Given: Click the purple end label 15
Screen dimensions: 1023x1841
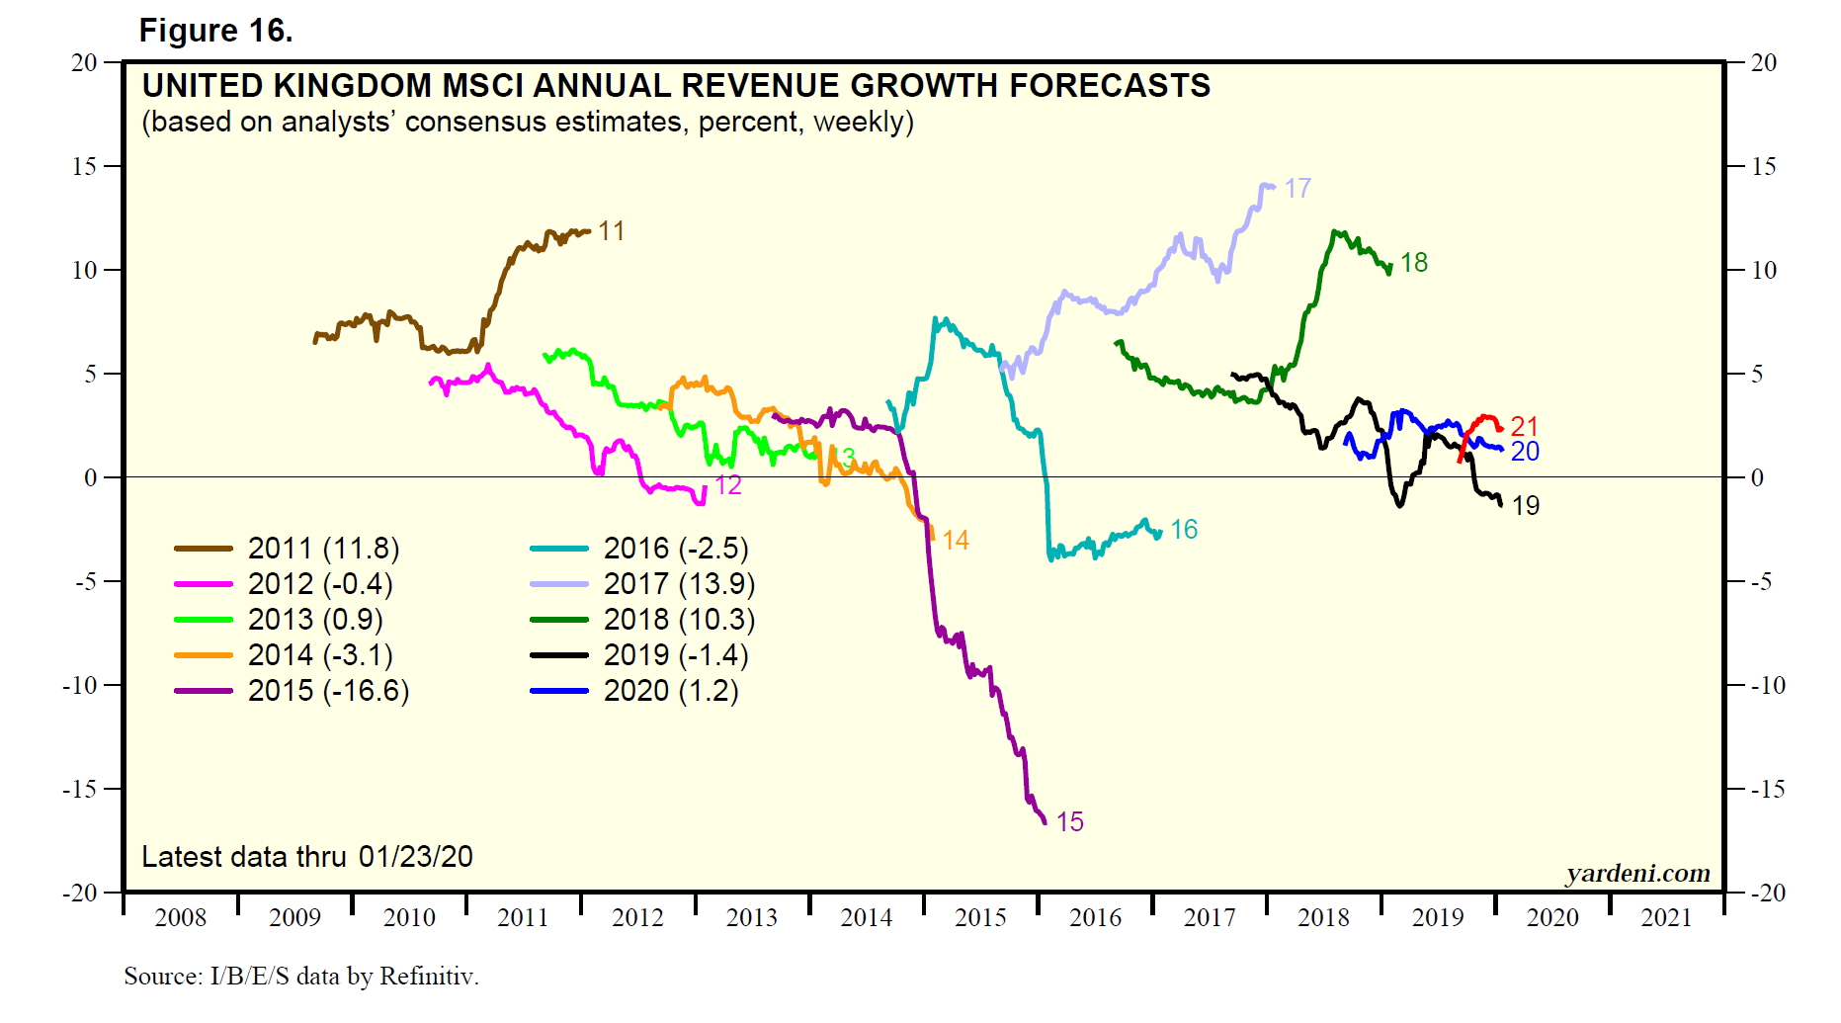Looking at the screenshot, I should click(1069, 821).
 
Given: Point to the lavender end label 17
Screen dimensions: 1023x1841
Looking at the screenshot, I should click(1297, 188).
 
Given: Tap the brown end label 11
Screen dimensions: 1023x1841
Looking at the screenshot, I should click(612, 231).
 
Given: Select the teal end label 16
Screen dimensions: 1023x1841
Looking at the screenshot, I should click(1184, 530).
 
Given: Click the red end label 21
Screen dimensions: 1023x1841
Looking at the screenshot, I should click(1524, 426).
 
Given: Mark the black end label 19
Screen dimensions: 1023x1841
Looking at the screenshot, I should click(1526, 506).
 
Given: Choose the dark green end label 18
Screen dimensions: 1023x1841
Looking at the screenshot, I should click(1414, 263).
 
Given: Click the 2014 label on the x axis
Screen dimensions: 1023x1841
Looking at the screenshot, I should click(866, 918).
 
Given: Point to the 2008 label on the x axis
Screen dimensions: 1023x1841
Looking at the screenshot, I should click(181, 918).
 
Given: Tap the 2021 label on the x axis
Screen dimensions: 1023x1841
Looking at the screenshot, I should click(1666, 918).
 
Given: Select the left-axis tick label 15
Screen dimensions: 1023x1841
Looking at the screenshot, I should click(84, 166).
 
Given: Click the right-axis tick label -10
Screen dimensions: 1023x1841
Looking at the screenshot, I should click(1765, 685).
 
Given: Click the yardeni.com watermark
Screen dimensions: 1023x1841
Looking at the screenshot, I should click(1637, 873).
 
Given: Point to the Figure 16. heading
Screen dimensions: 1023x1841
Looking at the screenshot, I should click(215, 31).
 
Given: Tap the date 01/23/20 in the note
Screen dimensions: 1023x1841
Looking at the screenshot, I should click(415, 856).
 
